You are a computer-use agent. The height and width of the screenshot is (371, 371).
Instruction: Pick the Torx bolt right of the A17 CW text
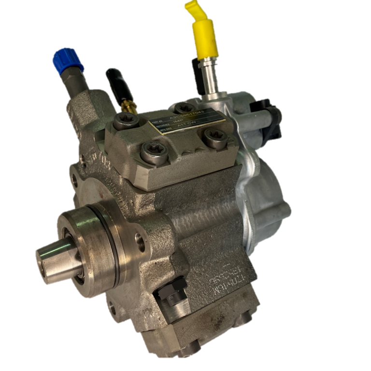(x=213, y=137)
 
